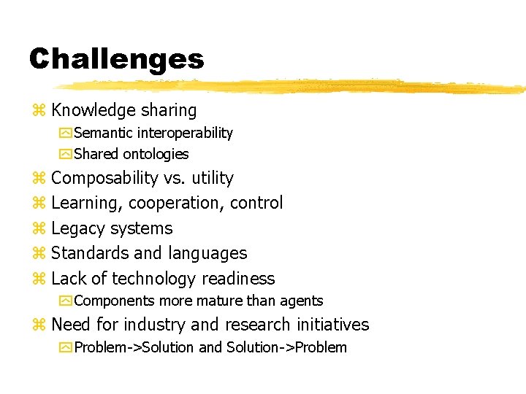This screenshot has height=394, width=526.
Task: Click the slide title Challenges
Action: pos(117,58)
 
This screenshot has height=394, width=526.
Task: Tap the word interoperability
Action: pos(188,133)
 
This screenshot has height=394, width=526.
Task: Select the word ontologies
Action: pos(156,154)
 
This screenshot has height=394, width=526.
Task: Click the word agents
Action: pos(301,301)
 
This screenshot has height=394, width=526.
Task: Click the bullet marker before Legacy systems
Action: pos(39,229)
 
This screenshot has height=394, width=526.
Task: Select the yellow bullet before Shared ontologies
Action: pos(66,154)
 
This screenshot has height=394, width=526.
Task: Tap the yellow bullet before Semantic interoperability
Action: pos(66,133)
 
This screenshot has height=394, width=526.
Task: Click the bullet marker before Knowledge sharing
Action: pos(39,111)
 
